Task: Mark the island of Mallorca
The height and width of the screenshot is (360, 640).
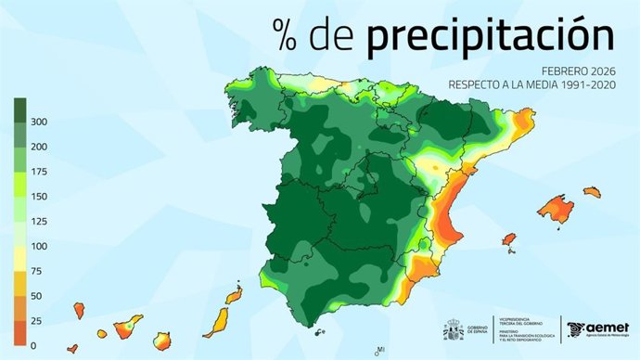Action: pos(556,209)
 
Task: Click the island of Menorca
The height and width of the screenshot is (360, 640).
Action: pos(592,192)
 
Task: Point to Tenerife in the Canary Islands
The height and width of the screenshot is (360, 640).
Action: pos(129,326)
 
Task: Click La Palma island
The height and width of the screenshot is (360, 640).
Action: pos(80,306)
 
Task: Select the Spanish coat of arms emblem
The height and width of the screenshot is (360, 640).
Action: pos(454,329)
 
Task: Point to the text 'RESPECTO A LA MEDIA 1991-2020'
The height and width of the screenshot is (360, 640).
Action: pos(531,84)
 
